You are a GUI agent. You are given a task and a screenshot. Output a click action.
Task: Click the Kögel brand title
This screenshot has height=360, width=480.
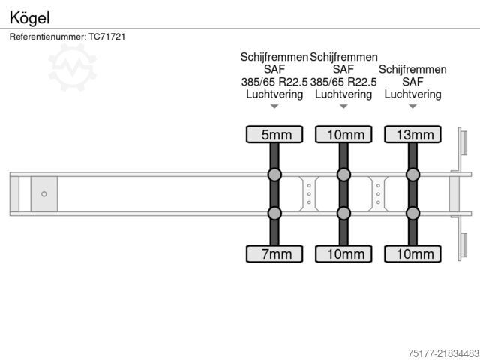pyautogui.click(x=29, y=18)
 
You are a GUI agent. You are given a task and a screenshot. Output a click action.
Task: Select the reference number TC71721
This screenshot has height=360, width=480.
pyautogui.click(x=106, y=37)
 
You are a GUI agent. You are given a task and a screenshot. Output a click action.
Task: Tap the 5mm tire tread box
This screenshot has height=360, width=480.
pyautogui.click(x=274, y=135)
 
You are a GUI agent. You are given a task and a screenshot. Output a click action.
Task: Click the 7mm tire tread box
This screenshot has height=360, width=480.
pyautogui.click(x=274, y=253)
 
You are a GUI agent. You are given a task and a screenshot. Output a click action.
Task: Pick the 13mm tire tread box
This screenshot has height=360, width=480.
pyautogui.click(x=412, y=135)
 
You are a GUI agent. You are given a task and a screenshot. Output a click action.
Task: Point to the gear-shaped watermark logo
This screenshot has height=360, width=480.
pyautogui.click(x=72, y=67)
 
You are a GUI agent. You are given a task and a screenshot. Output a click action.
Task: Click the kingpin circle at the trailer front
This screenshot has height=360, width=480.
pyautogui.click(x=44, y=194)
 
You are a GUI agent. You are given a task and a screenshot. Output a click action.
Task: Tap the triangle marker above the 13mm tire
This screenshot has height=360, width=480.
pyautogui.click(x=412, y=106)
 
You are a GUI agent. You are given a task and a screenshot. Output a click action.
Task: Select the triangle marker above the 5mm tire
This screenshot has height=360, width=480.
pyautogui.click(x=274, y=106)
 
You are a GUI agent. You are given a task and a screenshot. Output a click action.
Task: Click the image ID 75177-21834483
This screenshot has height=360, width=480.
pyautogui.click(x=443, y=353)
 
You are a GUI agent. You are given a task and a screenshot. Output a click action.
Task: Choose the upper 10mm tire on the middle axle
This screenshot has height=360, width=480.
pyautogui.click(x=343, y=135)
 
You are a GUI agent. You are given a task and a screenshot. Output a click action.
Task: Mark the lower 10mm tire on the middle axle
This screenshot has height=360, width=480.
pyautogui.click(x=343, y=253)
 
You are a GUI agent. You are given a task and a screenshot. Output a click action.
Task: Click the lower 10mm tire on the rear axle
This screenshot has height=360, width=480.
pyautogui.click(x=412, y=253)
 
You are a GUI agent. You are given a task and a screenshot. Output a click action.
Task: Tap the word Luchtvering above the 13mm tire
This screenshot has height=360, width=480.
pyautogui.click(x=412, y=94)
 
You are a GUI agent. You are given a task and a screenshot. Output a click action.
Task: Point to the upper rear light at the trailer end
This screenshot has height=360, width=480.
pyautogui.click(x=463, y=142)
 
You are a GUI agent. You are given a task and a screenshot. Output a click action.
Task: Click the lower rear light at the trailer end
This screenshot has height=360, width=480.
pyautogui.click(x=463, y=245)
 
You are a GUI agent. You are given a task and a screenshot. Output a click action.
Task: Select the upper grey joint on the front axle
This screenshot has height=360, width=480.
pyautogui.click(x=274, y=175)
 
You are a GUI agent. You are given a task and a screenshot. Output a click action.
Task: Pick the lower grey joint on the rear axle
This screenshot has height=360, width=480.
pyautogui.click(x=412, y=213)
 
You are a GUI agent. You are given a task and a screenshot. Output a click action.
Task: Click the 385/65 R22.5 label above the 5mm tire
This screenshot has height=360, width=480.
pyautogui.click(x=274, y=82)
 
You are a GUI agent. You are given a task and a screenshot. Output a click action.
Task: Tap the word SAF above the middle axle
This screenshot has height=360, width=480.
pyautogui.click(x=343, y=70)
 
